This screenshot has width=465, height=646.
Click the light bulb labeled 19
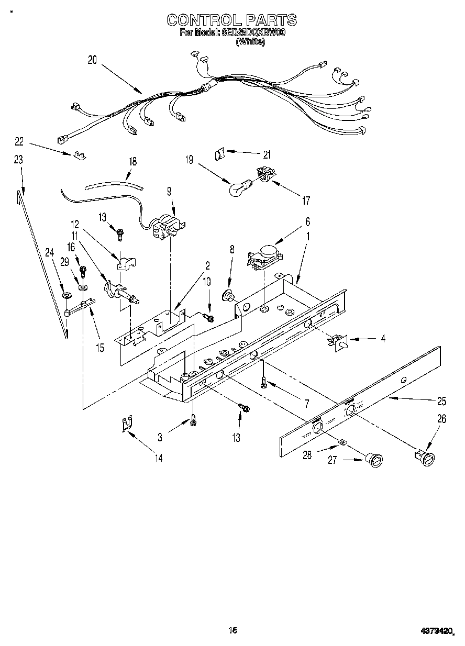pos(238,187)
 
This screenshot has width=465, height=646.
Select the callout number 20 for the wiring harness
pos(93,60)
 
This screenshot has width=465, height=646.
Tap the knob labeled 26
pos(426,458)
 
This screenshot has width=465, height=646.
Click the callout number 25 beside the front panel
pos(441,402)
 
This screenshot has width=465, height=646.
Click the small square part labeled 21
pos(220,153)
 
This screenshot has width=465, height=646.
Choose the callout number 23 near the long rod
pos(19,160)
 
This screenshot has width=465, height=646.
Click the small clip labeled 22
pos(80,154)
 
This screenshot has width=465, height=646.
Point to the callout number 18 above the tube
pos(133,162)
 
